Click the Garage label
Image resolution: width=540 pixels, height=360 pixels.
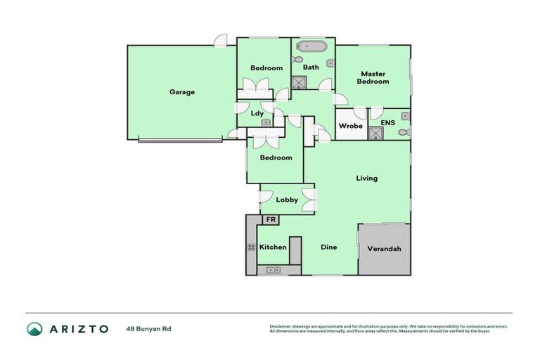coord(181,92)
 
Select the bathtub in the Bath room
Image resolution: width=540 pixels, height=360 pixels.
coord(310,49)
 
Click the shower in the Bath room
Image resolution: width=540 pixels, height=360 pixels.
coord(300,82)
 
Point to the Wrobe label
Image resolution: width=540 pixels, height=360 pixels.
coord(350,127)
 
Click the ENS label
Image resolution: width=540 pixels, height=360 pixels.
coord(387,123)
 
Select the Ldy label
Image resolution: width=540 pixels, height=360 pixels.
coord(257,112)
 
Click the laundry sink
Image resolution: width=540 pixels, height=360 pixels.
coord(266,122)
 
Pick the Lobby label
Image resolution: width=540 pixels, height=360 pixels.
coord(287,200)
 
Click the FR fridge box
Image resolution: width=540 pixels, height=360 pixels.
coord(270,220)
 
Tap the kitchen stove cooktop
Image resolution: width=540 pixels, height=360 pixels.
coord(251,247)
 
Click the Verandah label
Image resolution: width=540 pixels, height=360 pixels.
coord(384,249)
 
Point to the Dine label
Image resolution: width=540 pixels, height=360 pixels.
coord(328,247)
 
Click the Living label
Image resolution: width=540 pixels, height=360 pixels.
coord(366,178)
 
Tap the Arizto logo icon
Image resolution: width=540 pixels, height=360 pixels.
coord(34,328)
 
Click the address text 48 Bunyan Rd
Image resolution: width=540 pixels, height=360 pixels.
coord(148,328)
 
